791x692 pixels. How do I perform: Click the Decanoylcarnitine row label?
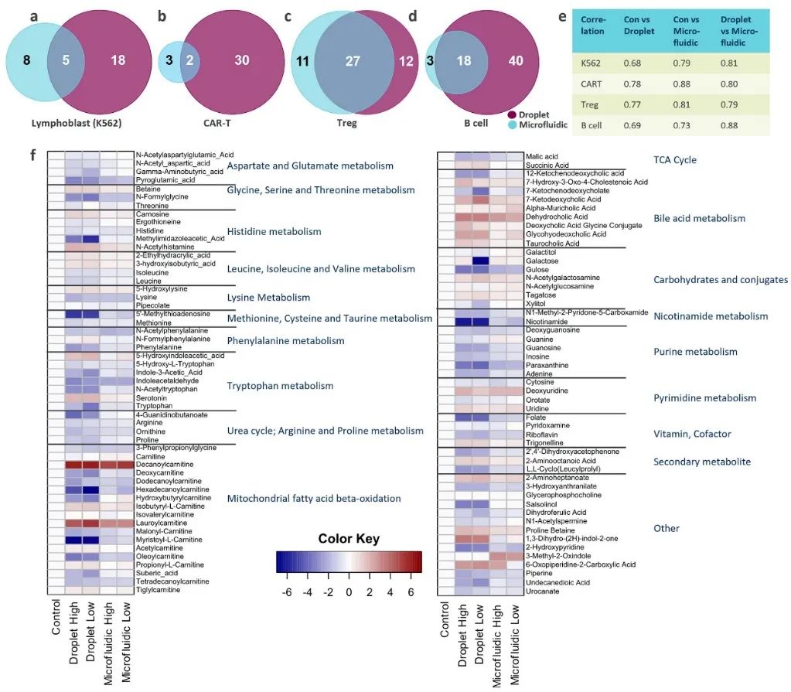[165, 465]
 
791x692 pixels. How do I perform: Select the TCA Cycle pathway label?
[675, 160]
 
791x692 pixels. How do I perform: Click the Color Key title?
[349, 538]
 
